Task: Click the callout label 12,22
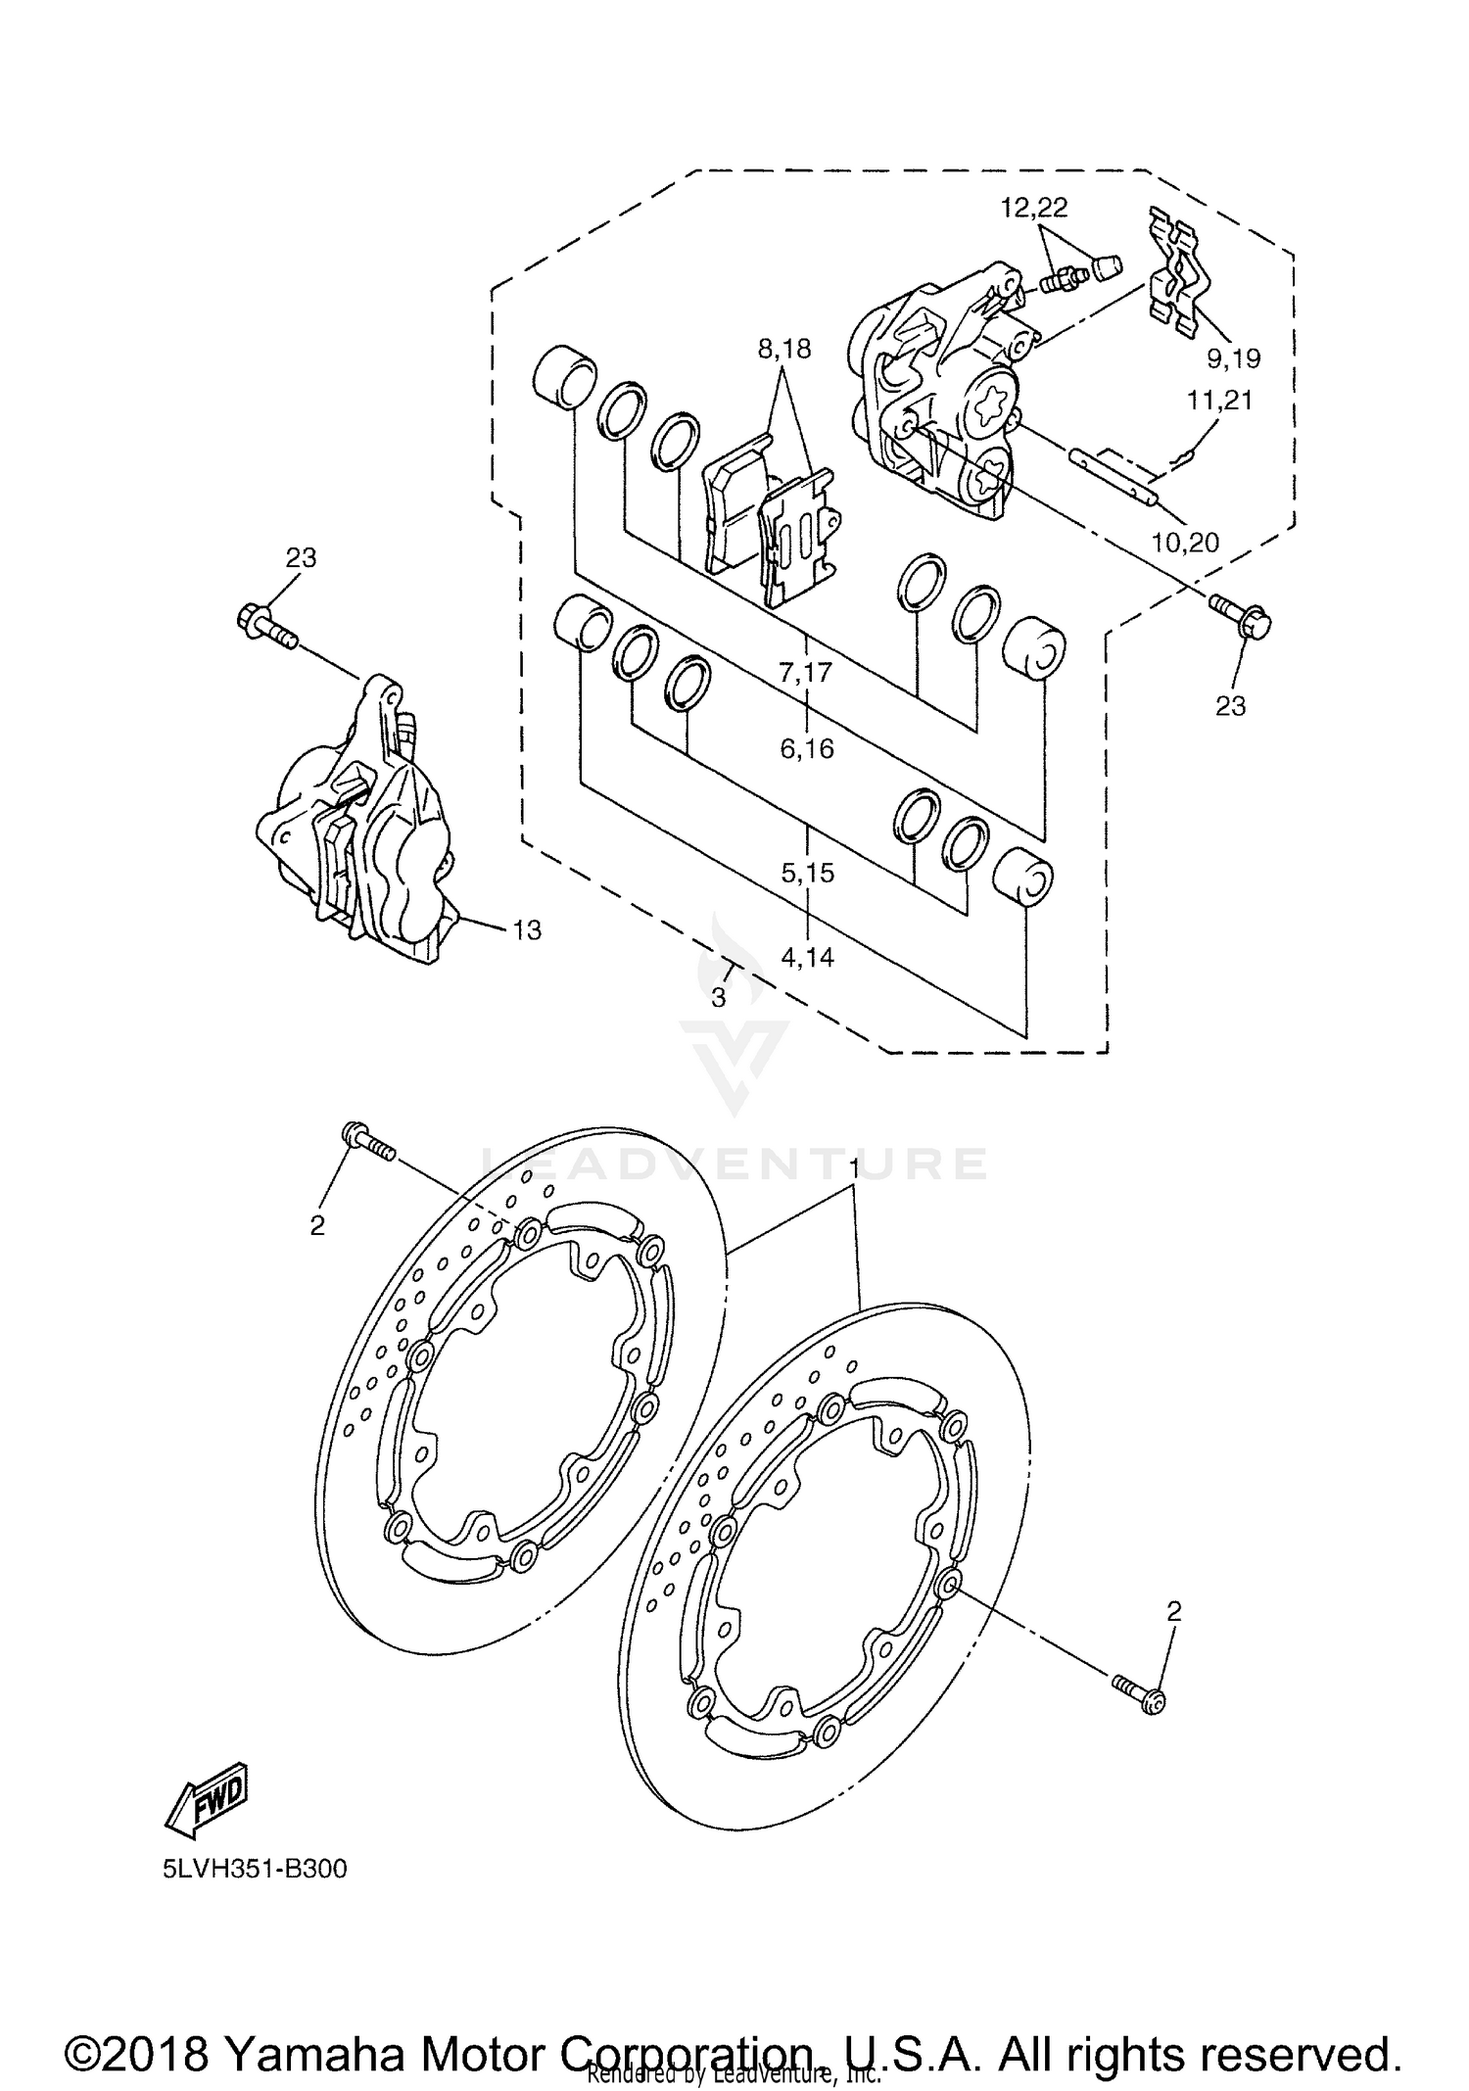pos(1033,208)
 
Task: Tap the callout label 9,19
pos(1233,358)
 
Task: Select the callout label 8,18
pos(783,348)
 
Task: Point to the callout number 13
pos(527,929)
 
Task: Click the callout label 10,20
pos(1185,542)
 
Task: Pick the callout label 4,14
pos(807,957)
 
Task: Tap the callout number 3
pos(718,998)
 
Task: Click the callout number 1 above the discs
pos(854,1168)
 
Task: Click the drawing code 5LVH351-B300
pos(256,1869)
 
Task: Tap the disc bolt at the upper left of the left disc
pos(367,1142)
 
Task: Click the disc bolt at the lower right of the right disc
pos(1138,1697)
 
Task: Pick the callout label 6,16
pos(807,749)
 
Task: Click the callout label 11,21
pos(1219,401)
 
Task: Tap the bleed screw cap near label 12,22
pos(1105,267)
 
